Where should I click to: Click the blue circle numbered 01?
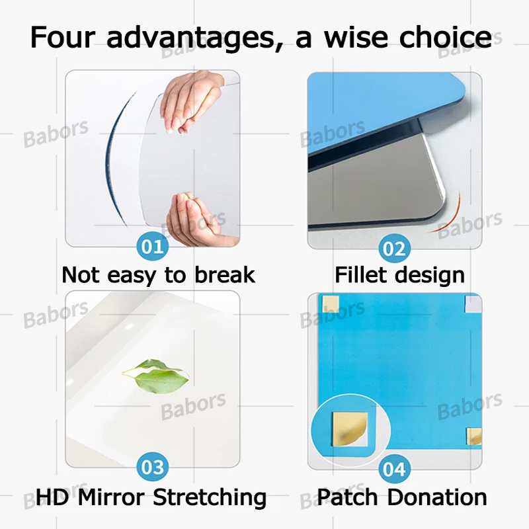[x=153, y=247]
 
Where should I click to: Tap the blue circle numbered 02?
[x=394, y=249]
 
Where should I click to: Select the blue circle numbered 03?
[x=153, y=468]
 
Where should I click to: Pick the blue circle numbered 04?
[x=394, y=469]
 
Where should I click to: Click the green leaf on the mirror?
[x=156, y=375]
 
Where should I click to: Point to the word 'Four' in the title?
[x=63, y=37]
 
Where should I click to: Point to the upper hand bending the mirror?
[x=192, y=102]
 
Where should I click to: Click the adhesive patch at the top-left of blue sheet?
[x=329, y=304]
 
